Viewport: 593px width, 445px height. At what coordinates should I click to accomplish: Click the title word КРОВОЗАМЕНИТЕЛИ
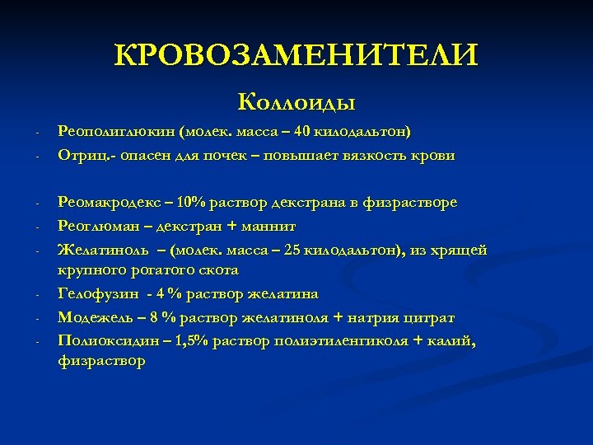point(296,55)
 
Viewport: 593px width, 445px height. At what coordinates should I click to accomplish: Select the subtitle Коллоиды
point(296,102)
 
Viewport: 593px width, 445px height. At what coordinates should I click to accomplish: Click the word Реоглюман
point(96,225)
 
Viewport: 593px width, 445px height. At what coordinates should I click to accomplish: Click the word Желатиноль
point(100,249)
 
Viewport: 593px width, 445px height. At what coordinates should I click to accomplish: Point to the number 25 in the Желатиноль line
point(292,249)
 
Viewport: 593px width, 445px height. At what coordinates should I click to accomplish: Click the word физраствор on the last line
point(100,361)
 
